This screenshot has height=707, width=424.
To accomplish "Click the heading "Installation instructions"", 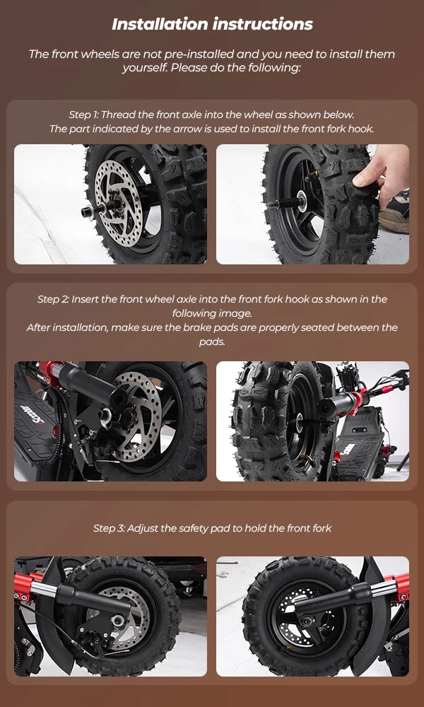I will click(212, 24).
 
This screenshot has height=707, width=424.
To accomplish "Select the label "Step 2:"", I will click(53, 299).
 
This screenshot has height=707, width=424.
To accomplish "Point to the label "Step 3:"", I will click(109, 528).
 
